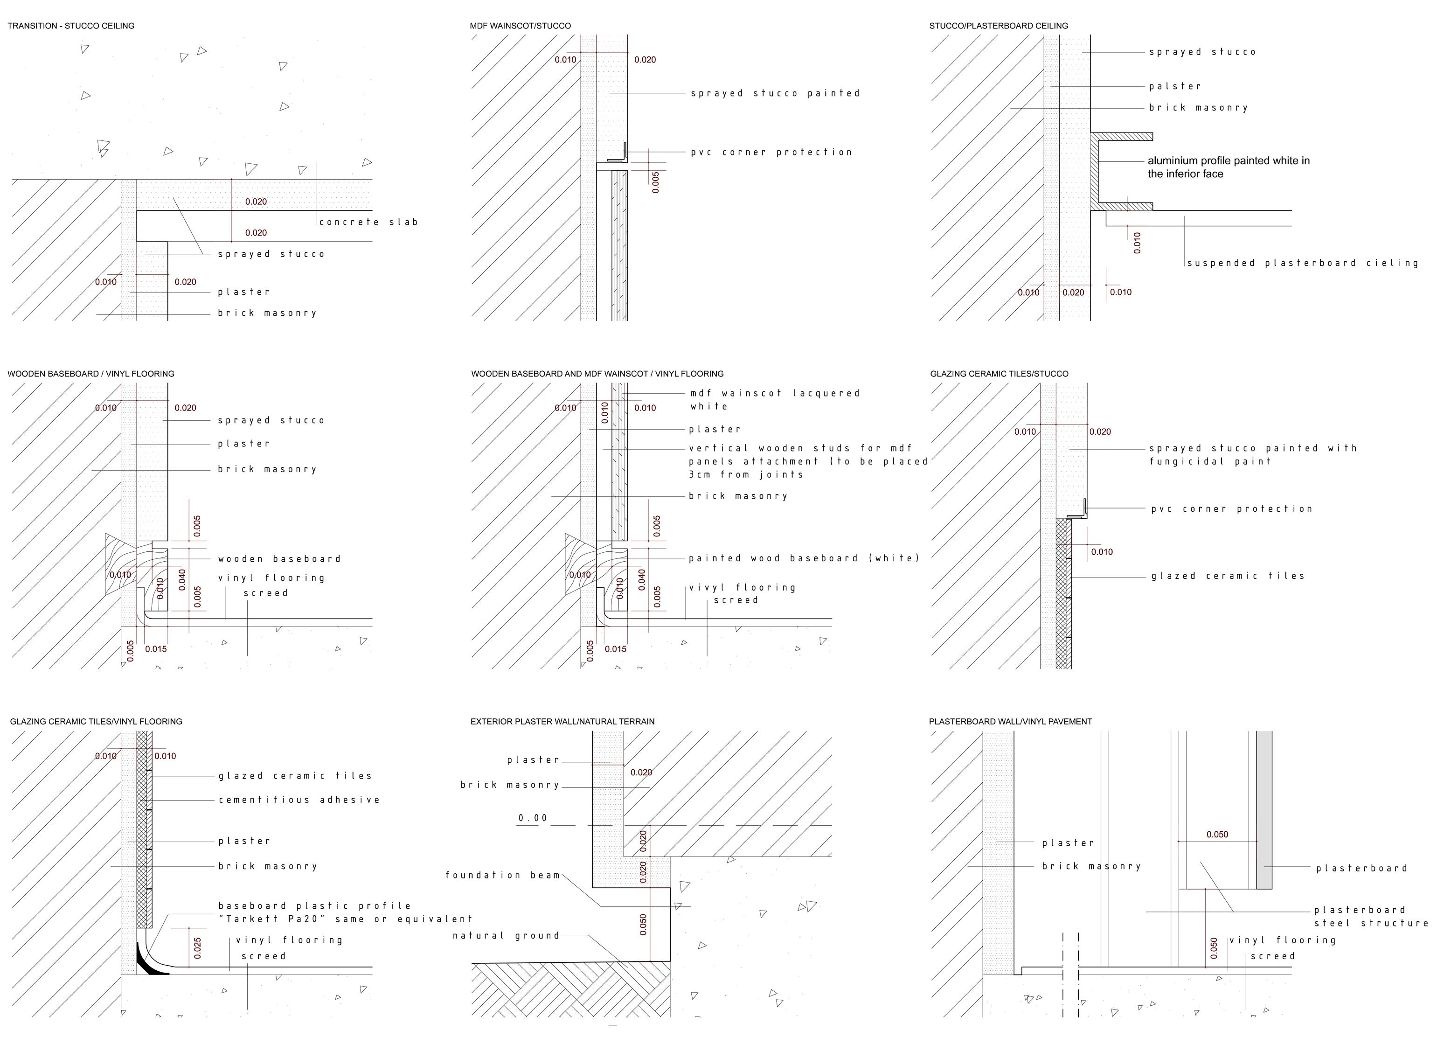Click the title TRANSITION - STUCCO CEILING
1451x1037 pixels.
pos(71,26)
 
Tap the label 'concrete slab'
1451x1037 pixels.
pos(368,222)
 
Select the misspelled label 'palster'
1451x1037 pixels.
pos(1174,86)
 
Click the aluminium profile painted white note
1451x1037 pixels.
pos(1228,167)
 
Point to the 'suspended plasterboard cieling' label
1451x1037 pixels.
pos(1302,263)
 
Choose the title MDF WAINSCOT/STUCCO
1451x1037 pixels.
pos(520,26)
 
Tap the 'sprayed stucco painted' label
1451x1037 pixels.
pos(775,93)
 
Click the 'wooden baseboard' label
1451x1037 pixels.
pos(279,559)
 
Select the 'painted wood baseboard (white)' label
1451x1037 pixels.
pos(804,558)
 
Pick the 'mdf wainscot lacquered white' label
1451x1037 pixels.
pos(774,400)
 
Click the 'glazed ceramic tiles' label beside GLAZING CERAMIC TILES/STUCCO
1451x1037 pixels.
pos(1228,576)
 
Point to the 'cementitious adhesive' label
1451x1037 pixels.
pos(299,800)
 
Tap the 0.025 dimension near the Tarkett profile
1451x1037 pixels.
pos(197,948)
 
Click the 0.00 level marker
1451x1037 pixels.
pos(532,818)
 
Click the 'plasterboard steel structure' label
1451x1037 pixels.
pos(1371,916)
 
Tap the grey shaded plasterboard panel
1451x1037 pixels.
pos(1264,811)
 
